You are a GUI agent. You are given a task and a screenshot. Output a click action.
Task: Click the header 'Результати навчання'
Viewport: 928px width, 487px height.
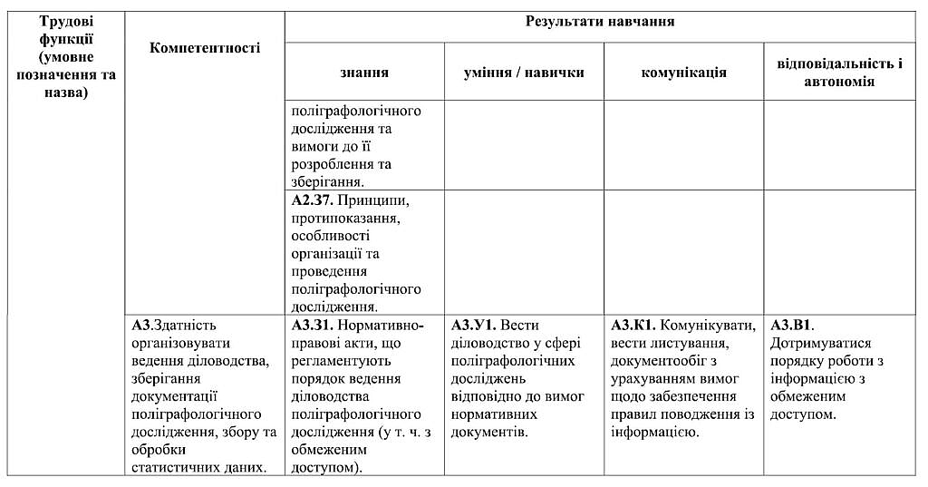pyautogui.click(x=599, y=21)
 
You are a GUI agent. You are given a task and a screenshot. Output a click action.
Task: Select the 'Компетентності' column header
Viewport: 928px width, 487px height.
pyautogui.click(x=204, y=48)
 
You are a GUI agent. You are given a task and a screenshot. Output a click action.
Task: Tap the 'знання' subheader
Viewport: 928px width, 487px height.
pyautogui.click(x=364, y=73)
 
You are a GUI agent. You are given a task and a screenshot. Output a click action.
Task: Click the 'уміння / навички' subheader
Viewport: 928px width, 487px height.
pyautogui.click(x=524, y=73)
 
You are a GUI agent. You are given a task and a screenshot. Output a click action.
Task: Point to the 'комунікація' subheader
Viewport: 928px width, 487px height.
pyautogui.click(x=683, y=73)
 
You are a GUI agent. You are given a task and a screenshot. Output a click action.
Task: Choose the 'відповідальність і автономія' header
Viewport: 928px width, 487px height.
pyautogui.click(x=839, y=73)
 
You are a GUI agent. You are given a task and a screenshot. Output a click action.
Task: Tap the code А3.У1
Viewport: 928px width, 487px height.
pyautogui.click(x=472, y=325)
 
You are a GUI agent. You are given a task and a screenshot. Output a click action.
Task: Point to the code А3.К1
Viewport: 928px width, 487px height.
pyautogui.click(x=633, y=325)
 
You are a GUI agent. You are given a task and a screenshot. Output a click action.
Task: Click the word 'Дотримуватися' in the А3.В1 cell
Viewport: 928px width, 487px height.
pyautogui.click(x=820, y=343)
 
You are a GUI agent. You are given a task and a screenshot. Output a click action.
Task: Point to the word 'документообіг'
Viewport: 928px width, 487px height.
pyautogui.click(x=658, y=360)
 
